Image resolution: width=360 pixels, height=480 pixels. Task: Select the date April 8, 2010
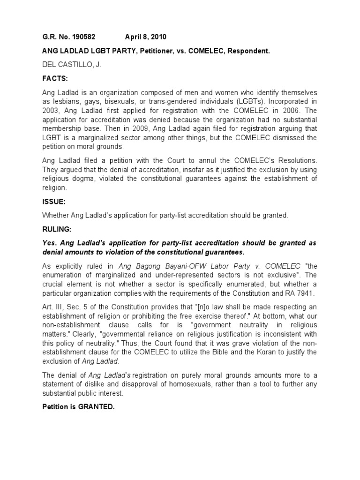pyautogui.click(x=145, y=37)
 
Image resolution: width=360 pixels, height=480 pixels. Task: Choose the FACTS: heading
pyautogui.click(x=54, y=80)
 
